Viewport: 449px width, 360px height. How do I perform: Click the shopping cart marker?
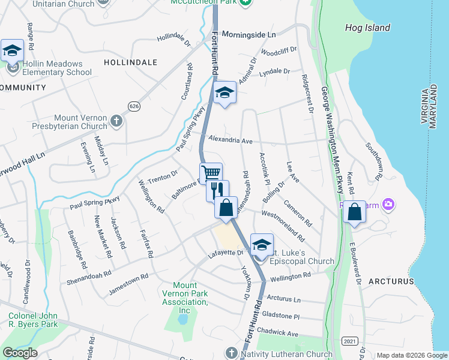(x=211, y=173)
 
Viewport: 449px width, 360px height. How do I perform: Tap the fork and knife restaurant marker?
(x=218, y=190)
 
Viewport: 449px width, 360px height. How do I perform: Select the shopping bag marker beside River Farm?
(x=355, y=212)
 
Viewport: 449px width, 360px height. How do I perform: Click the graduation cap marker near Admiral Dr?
(x=224, y=93)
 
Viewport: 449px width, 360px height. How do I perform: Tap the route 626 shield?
(x=134, y=106)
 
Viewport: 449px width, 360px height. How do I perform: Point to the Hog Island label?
(x=367, y=28)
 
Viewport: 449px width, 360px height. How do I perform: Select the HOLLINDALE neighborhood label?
(x=130, y=62)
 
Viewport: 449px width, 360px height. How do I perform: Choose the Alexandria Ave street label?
(x=231, y=140)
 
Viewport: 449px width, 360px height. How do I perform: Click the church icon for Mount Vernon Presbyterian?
(x=116, y=122)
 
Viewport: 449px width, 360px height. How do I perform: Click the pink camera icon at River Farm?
(x=388, y=205)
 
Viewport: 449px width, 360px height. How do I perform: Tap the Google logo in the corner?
(x=20, y=353)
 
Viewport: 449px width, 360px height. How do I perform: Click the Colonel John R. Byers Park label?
(x=34, y=320)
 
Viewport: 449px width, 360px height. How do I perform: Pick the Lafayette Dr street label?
(x=226, y=254)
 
